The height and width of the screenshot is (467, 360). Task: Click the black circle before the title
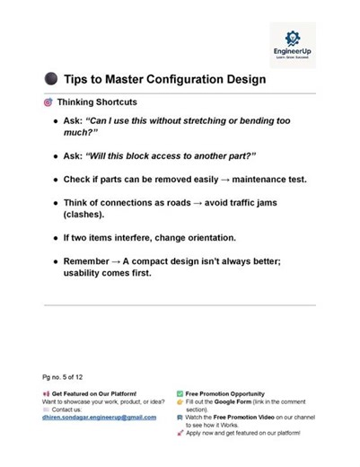pos(50,80)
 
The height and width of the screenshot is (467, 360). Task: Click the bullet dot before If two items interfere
pos(53,240)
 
